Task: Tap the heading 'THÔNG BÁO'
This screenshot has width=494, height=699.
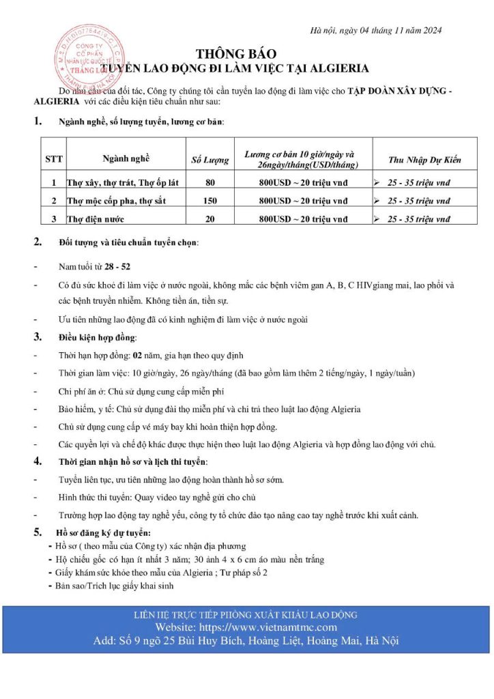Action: (246, 53)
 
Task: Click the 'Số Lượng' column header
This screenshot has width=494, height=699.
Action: (210, 160)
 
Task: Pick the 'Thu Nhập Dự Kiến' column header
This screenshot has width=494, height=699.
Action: (424, 160)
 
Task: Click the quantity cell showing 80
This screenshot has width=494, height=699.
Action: (210, 182)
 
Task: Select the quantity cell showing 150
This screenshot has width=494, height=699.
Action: (210, 201)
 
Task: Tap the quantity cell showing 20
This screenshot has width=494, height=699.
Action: (210, 219)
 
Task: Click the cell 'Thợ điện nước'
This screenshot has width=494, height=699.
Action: (96, 219)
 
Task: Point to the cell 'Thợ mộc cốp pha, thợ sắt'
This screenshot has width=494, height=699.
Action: (116, 201)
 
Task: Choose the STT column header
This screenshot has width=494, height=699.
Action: (54, 160)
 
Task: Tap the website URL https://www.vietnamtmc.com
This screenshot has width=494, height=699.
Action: (246, 627)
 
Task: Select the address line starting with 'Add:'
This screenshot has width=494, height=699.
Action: (246, 641)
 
